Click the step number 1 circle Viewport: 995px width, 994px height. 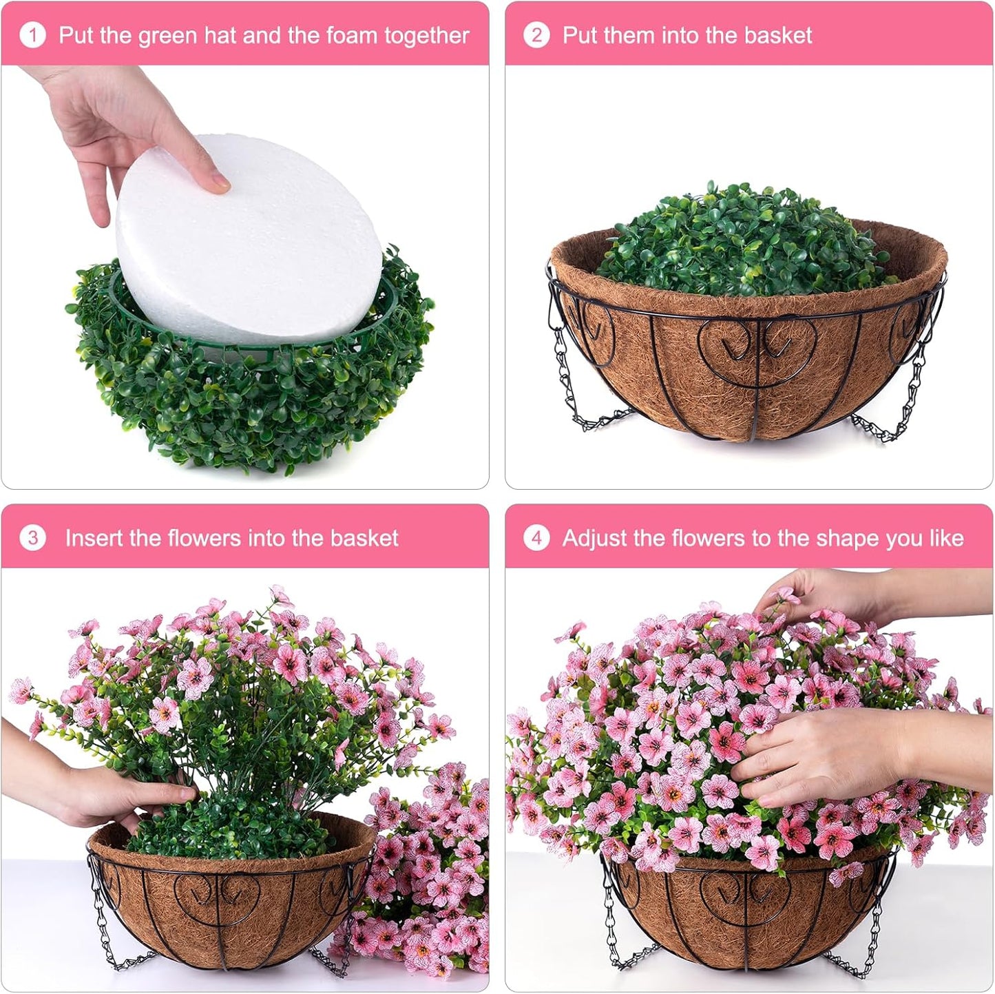pyautogui.click(x=32, y=35)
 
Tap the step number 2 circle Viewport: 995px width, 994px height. pyautogui.click(x=536, y=35)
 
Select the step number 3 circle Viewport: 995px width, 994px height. pyautogui.click(x=32, y=538)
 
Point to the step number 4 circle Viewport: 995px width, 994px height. pyautogui.click(x=536, y=538)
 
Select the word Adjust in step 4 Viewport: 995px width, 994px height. pyautogui.click(x=594, y=538)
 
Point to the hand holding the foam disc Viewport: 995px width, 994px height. pyautogui.click(x=117, y=131)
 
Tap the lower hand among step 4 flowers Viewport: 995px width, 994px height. pyautogui.click(x=826, y=751)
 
